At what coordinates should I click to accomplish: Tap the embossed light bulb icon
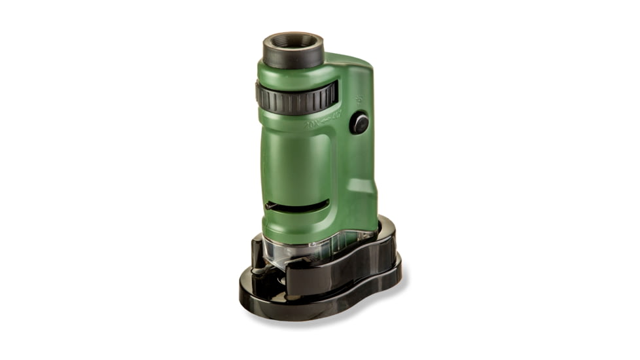tap(359, 99)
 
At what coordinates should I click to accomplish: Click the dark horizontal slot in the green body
tap(298, 206)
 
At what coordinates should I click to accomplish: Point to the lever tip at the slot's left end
tap(269, 206)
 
